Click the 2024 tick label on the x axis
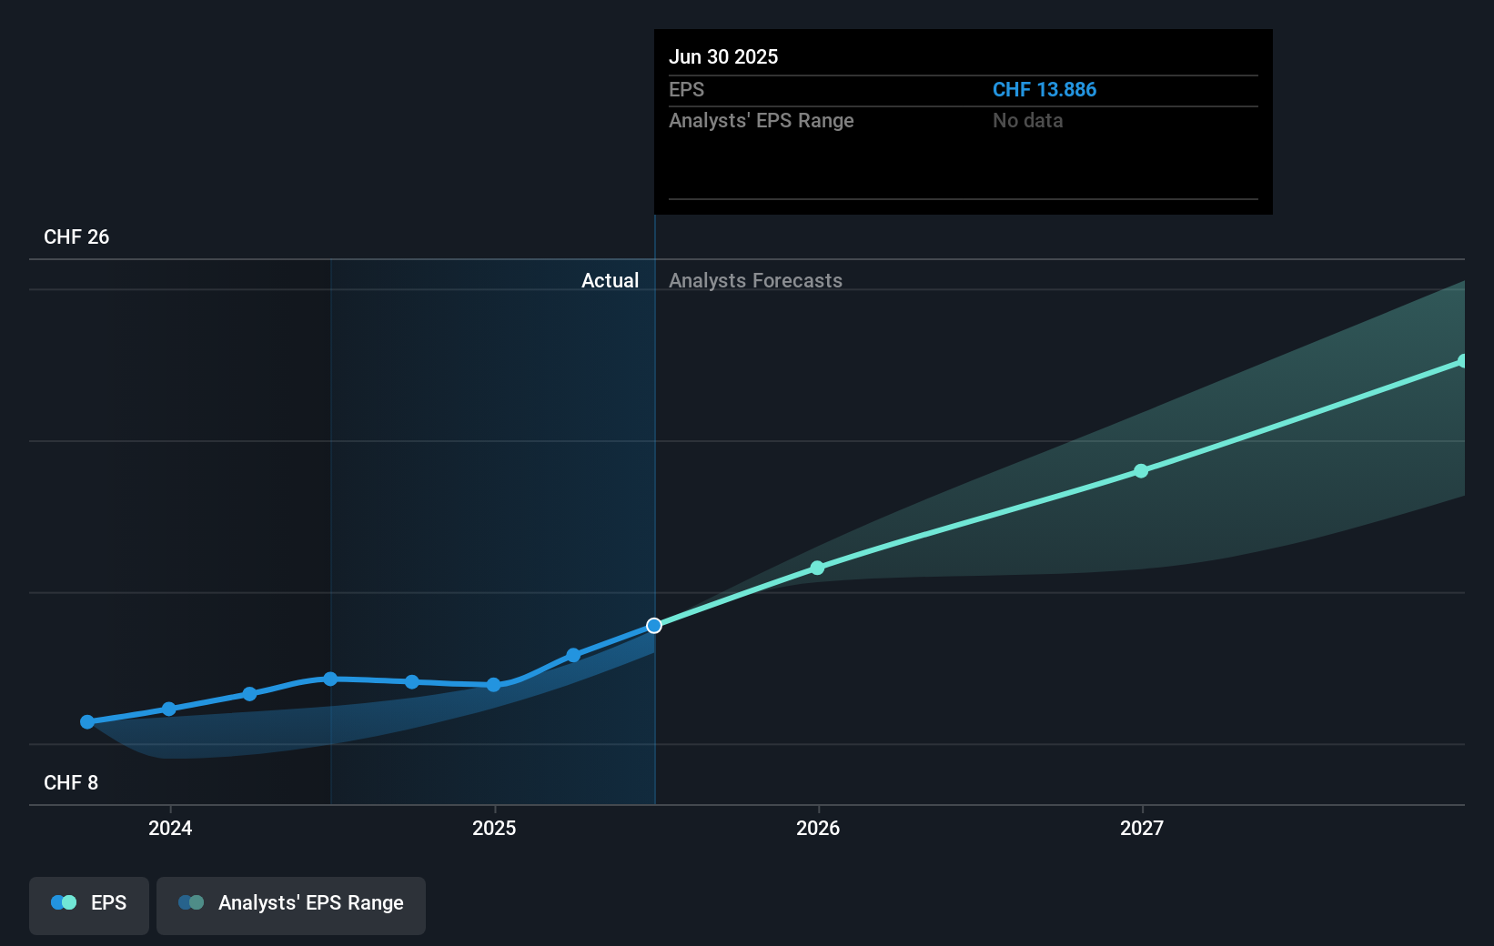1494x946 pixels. point(170,828)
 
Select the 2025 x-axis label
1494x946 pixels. point(494,828)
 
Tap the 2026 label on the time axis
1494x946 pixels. point(818,828)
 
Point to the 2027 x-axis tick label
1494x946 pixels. point(1142,828)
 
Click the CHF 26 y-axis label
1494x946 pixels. point(76,237)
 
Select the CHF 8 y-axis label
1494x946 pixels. point(71,783)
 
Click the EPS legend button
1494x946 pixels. point(89,903)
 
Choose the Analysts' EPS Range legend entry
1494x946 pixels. point(291,903)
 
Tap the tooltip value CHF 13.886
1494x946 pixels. point(1044,90)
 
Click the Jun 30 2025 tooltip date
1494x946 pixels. point(723,57)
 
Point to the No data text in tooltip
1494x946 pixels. point(1027,121)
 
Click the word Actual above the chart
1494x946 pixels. point(610,281)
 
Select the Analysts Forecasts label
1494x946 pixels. point(755,281)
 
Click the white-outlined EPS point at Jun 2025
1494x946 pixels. point(654,626)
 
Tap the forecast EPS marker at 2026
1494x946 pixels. point(817,568)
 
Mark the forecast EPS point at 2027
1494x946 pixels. point(1141,471)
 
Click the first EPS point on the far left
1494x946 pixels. point(87,722)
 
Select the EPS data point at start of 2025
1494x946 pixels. point(493,685)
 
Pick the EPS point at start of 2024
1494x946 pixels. point(169,709)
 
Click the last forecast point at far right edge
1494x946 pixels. point(1462,361)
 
